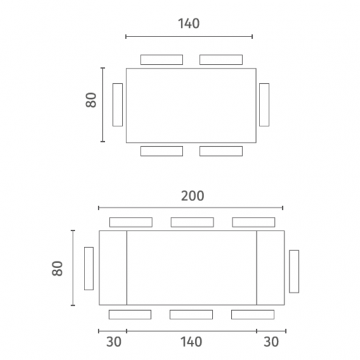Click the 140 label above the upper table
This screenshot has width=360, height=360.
tap(189, 23)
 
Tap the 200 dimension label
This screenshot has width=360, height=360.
tap(192, 196)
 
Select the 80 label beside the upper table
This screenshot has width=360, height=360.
tap(91, 100)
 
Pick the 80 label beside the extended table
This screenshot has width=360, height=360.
tap(57, 268)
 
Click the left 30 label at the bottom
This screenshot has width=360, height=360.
tap(113, 342)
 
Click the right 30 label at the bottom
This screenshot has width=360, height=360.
tap(271, 342)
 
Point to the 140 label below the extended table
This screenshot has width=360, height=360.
tap(191, 342)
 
